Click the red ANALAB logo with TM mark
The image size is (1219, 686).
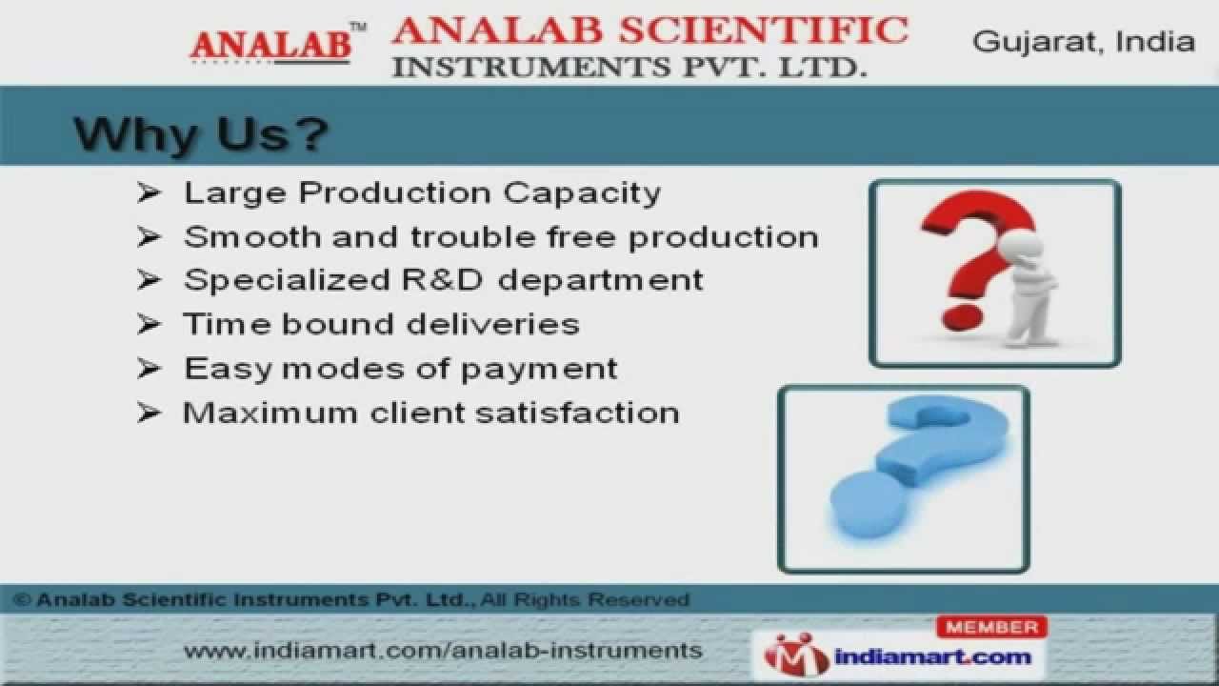click(277, 44)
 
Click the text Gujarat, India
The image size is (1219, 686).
click(1083, 42)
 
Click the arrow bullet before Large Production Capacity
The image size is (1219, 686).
click(148, 192)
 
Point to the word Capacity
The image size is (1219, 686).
click(581, 193)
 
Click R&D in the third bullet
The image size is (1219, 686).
click(442, 280)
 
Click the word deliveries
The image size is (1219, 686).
click(493, 324)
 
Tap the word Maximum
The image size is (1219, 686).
click(270, 413)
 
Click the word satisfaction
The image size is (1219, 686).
click(577, 413)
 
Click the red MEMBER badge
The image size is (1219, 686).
click(991, 627)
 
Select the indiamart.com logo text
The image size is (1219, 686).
click(932, 657)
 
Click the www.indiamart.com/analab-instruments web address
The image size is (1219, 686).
click(443, 651)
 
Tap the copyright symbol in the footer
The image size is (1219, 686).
click(22, 599)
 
